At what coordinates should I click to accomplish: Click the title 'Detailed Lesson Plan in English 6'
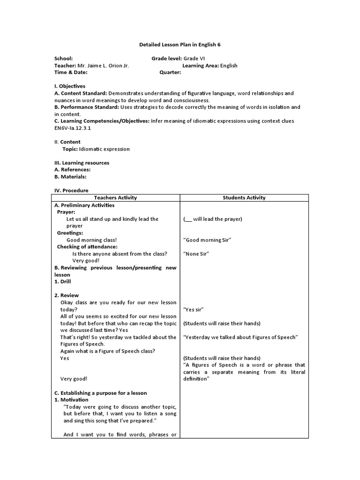180,45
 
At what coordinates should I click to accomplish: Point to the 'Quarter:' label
170,73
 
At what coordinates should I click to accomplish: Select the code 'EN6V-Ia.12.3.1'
73,127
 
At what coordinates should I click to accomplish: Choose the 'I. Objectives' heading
70,86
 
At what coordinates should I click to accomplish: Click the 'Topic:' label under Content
70,149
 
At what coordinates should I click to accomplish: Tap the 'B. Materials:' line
70,177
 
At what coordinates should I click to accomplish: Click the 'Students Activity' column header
244,198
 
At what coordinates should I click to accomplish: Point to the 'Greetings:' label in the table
70,233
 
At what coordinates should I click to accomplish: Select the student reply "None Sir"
196,254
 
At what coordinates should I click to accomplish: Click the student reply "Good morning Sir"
208,240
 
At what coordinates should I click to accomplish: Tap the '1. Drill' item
63,282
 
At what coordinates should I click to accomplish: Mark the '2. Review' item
67,295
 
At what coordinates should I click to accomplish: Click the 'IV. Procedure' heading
71,191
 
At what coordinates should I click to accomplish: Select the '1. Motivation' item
71,400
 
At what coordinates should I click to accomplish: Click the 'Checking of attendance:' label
87,247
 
